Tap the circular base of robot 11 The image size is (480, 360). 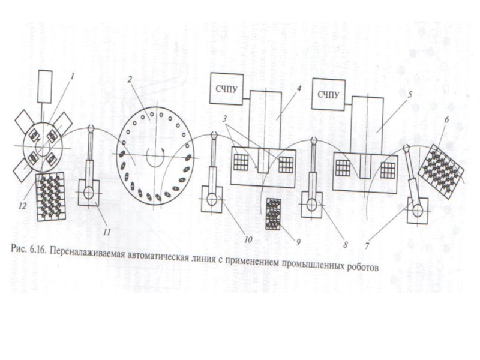pos(88,194)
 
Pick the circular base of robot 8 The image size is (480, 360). pos(313,204)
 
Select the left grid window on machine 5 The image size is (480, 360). pos(343,167)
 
